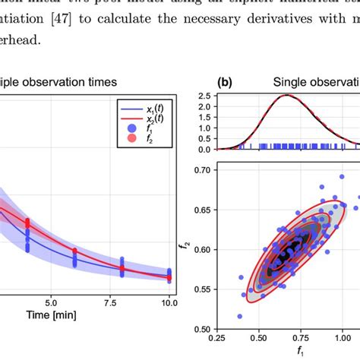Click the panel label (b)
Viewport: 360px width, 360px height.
click(225, 81)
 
